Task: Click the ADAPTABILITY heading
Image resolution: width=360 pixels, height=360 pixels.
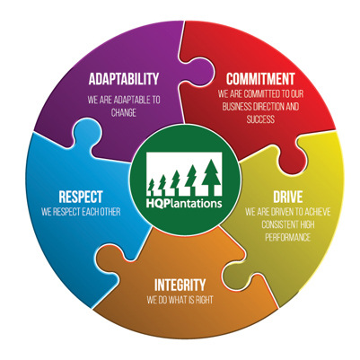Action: [124, 79]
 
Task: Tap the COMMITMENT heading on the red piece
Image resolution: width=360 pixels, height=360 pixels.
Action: [260, 79]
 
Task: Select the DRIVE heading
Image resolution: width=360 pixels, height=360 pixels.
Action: [288, 197]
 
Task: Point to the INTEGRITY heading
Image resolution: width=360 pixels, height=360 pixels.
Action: [180, 285]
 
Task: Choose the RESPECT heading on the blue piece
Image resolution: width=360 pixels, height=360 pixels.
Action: [81, 197]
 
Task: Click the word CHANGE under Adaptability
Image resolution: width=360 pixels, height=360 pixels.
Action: [124, 113]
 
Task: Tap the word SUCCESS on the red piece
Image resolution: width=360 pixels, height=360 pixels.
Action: [260, 119]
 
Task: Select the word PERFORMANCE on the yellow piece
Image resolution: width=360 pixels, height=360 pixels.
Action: [288, 238]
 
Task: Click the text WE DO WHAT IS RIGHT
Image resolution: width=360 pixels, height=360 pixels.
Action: [180, 300]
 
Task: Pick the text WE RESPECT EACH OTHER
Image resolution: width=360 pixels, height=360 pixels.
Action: [81, 212]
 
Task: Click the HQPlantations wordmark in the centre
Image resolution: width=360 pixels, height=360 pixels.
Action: [184, 203]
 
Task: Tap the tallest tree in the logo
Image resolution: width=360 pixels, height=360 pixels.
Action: [211, 175]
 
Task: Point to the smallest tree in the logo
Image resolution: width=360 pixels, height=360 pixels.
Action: [152, 185]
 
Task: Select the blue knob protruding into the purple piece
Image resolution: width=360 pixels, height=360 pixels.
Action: [86, 131]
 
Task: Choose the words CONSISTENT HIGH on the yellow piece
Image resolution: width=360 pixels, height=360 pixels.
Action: [288, 224]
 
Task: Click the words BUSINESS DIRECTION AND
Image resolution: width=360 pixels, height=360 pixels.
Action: [260, 107]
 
